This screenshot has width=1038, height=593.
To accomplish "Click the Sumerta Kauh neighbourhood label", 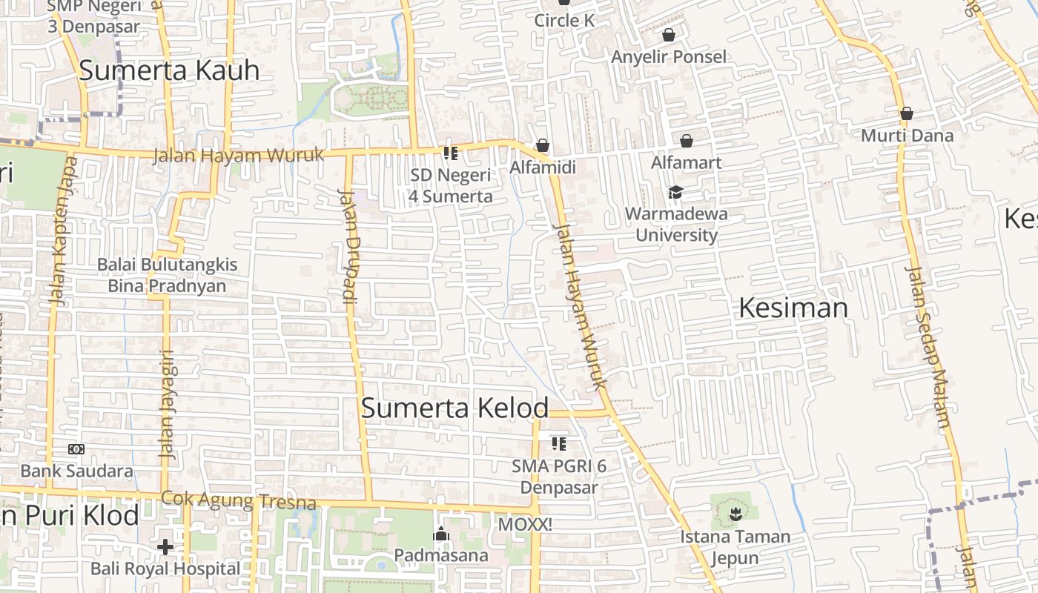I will tap(169, 70).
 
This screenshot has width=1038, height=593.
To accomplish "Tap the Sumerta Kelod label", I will tap(454, 408).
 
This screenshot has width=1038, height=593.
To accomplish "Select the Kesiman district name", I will tap(793, 308).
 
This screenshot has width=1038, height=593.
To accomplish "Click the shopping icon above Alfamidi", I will tap(543, 145).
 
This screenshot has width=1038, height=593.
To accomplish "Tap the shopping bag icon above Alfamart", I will tap(687, 141).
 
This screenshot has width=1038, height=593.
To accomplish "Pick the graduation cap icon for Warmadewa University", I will tap(675, 193).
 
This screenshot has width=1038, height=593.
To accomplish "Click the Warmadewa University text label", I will tap(676, 225).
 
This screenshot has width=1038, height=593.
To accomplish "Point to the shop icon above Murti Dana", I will tap(906, 114).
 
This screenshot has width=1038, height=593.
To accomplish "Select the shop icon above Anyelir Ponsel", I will tap(669, 35).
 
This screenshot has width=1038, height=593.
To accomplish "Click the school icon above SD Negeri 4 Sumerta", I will tap(450, 153).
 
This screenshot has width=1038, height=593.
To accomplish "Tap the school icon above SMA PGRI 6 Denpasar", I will tap(559, 444).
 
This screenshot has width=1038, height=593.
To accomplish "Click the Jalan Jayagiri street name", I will tap(168, 404).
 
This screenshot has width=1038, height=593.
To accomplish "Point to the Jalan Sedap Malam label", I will tap(928, 347).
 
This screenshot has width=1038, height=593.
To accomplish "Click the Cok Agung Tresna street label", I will tap(239, 501).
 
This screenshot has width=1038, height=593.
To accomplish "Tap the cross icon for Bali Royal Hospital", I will tap(165, 547).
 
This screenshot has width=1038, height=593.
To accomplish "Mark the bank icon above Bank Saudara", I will tap(76, 449).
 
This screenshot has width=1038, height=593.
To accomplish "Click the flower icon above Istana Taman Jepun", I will tap(735, 513).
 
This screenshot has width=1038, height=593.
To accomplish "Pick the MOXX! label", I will tap(525, 525).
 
